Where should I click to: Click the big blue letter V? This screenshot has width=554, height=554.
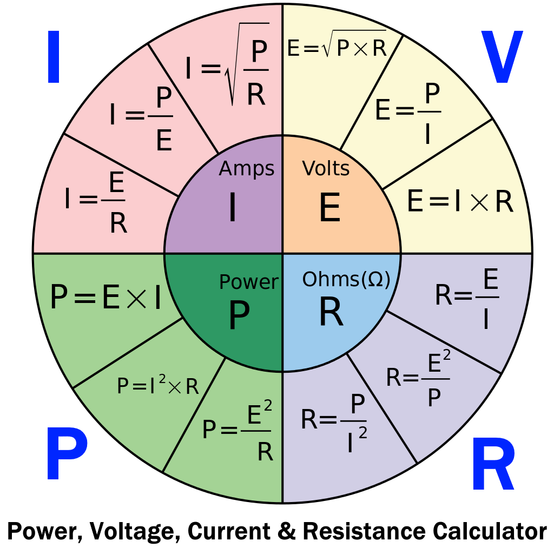click(502, 57)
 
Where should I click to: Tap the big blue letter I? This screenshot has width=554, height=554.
click(54, 57)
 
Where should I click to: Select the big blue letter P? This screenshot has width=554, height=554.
click(67, 454)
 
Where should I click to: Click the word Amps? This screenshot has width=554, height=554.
click(247, 169)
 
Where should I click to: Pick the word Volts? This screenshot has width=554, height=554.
click(326, 168)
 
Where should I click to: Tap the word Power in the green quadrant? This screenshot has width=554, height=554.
click(249, 282)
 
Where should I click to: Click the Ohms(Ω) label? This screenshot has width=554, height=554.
click(346, 280)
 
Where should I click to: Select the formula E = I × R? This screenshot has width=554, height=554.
click(460, 201)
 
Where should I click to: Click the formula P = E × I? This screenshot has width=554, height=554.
click(105, 297)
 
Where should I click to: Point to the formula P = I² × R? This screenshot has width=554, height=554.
click(158, 385)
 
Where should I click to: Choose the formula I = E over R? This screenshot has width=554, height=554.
click(95, 202)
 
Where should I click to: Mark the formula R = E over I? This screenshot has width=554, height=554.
click(467, 298)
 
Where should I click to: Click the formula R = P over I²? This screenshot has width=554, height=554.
click(334, 423)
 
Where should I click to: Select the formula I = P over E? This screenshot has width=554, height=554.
click(141, 118)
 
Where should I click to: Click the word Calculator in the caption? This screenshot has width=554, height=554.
click(490, 531)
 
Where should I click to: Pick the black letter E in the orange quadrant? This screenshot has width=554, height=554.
click(330, 207)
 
